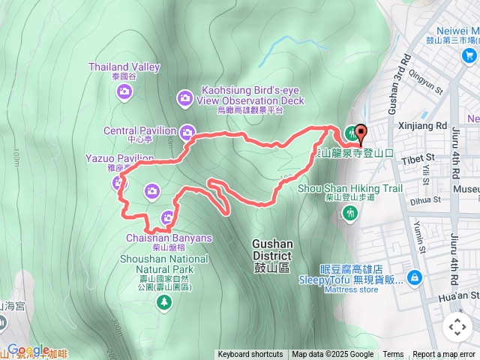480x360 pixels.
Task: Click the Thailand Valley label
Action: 124,67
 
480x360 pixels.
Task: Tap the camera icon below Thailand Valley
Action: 124,91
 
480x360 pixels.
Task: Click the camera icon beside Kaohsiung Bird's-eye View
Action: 184,97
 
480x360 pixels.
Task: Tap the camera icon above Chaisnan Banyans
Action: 167,218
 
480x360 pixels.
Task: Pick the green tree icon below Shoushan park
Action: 163,301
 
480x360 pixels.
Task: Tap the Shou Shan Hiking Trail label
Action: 350,188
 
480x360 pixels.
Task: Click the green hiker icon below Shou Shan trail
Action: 349,214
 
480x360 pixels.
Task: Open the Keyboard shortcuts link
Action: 250,355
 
